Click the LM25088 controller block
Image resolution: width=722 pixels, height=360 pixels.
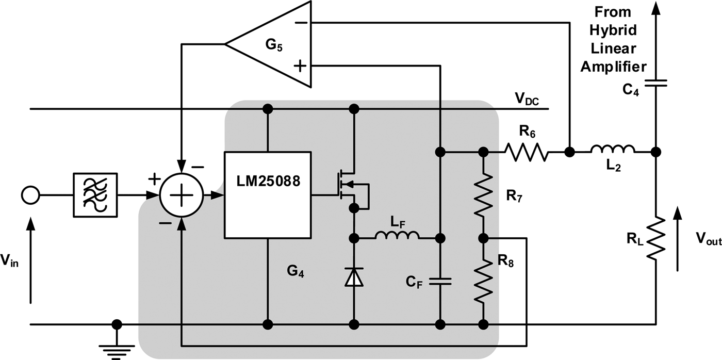pyautogui.click(x=267, y=195)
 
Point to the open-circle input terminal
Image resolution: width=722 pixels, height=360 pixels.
pyautogui.click(x=30, y=195)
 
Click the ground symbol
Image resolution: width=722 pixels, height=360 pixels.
pyautogui.click(x=117, y=346)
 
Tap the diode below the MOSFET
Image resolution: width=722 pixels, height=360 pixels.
pyautogui.click(x=354, y=277)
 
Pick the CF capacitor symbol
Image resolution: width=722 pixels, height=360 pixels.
pyautogui.click(x=440, y=281)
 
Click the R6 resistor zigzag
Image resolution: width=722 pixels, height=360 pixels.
pyautogui.click(x=526, y=152)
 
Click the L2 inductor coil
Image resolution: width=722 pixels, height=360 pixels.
pyautogui.click(x=613, y=150)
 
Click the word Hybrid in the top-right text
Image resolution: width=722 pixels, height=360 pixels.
pyautogui.click(x=614, y=30)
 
